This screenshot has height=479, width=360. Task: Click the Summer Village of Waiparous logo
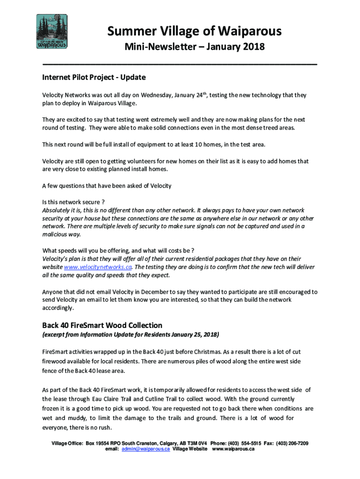[x=52, y=32]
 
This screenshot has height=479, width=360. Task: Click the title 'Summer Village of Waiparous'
[x=194, y=31]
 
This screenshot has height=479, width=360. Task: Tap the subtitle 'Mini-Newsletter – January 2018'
[x=194, y=47]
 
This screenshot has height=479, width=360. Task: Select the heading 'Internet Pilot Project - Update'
[x=94, y=77]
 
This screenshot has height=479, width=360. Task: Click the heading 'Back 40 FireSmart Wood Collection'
[x=102, y=325]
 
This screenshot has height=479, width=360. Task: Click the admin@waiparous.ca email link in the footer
[x=145, y=449]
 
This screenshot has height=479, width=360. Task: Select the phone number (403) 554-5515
[x=251, y=443]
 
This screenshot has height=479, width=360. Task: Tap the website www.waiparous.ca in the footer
[x=233, y=449]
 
